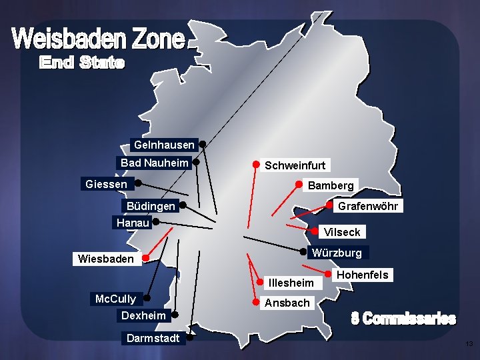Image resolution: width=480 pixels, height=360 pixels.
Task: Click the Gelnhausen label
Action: click(x=164, y=145)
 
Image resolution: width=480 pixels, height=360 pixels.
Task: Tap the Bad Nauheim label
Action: click(x=154, y=163)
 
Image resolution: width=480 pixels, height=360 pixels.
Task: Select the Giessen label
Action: click(x=106, y=183)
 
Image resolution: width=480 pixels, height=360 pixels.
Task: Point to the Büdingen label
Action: click(x=151, y=206)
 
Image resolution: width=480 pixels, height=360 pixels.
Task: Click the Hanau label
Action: click(x=132, y=223)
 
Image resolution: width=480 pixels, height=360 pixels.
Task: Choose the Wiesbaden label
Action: click(x=106, y=259)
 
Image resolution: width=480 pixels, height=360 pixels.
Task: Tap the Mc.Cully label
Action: click(x=115, y=299)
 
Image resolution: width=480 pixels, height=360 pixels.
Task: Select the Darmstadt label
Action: click(x=153, y=338)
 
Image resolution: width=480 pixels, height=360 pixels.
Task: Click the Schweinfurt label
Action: click(x=295, y=165)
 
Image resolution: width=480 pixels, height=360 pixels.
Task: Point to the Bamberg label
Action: click(x=331, y=185)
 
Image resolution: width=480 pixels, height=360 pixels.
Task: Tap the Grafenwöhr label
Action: click(x=367, y=206)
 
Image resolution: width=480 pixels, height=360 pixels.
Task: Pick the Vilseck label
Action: click(x=341, y=232)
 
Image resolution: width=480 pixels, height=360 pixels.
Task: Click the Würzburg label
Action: click(x=337, y=253)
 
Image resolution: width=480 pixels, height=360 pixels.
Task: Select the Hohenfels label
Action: click(x=363, y=275)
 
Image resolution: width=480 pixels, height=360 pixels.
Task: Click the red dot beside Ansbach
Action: click(x=259, y=302)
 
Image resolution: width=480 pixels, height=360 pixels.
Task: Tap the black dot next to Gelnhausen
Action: click(x=202, y=143)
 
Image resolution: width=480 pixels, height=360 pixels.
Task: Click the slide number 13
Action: click(x=469, y=344)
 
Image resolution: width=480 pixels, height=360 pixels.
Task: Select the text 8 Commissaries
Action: click(x=403, y=319)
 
